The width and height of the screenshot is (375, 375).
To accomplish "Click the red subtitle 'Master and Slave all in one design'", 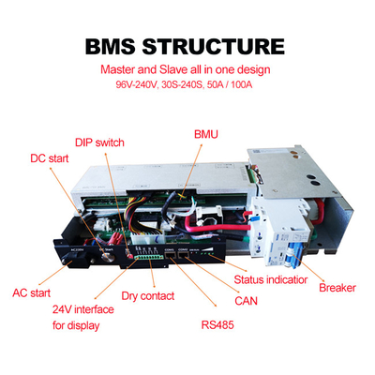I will point(187,68).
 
